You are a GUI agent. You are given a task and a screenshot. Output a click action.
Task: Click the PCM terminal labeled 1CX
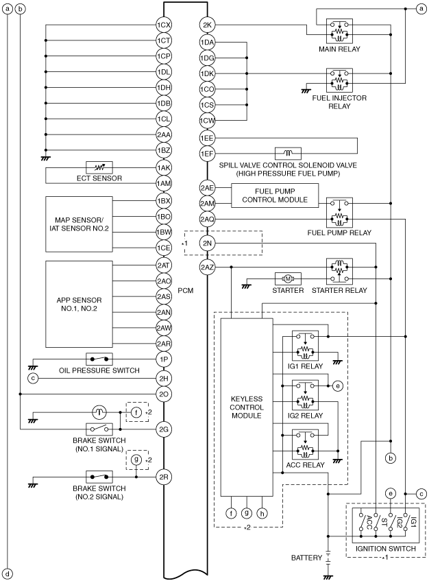(163, 25)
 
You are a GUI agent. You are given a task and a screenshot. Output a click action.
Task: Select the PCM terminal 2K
(207, 25)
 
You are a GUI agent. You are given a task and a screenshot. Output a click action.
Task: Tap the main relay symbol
(339, 31)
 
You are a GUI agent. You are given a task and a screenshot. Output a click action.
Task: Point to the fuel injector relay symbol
(339, 80)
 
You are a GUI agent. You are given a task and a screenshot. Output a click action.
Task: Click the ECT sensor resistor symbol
(99, 167)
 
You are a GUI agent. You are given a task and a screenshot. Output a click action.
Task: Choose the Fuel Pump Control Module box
(275, 195)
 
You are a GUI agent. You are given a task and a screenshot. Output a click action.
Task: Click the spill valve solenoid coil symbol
(288, 154)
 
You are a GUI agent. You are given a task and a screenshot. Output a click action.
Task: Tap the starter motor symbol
(288, 278)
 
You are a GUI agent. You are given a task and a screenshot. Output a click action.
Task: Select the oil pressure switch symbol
(99, 359)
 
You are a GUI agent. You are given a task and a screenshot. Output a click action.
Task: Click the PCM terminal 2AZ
(207, 267)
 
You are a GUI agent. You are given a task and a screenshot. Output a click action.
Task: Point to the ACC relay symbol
(305, 444)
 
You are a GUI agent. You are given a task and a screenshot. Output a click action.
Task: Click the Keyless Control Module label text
(247, 407)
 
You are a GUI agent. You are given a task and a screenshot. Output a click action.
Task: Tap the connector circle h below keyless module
(262, 513)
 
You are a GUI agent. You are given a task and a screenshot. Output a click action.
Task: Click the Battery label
(306, 558)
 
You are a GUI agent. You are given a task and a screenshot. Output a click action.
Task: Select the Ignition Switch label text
(386, 548)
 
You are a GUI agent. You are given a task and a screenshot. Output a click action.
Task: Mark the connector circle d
(8, 574)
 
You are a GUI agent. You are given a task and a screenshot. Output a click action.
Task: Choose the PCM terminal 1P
(163, 359)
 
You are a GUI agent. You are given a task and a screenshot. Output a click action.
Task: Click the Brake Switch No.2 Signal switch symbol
(99, 477)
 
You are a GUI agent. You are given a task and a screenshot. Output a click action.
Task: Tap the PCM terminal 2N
(207, 243)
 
